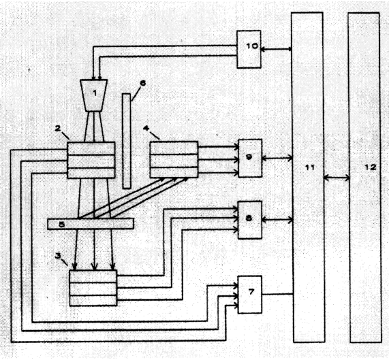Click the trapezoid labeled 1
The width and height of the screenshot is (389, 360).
click(94, 95)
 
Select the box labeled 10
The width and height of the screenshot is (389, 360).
click(249, 49)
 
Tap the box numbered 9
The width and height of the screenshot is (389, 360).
click(250, 158)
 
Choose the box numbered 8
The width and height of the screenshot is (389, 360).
click(250, 220)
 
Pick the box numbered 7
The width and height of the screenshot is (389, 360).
click(250, 295)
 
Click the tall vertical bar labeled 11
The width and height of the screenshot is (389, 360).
click(308, 177)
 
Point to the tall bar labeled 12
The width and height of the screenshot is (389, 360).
click(364, 178)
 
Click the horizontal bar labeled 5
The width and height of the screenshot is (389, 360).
click(91, 223)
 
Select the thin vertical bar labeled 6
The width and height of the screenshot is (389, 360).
click(127, 141)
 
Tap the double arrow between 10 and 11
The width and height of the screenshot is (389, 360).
click(276, 49)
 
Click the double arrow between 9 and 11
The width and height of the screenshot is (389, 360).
click(277, 158)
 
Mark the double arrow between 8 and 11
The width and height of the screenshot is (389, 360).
click(277, 220)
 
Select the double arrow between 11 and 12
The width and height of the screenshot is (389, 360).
click(337, 178)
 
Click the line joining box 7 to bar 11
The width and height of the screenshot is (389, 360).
click(277, 295)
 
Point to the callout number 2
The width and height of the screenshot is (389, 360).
click(58, 129)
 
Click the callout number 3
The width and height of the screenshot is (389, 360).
click(58, 255)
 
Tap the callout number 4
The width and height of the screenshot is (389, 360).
click(146, 128)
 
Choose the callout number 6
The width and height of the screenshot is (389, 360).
click(142, 83)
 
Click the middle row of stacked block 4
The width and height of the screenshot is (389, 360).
click(174, 161)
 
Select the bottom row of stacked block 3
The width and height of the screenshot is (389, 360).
click(93, 301)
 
